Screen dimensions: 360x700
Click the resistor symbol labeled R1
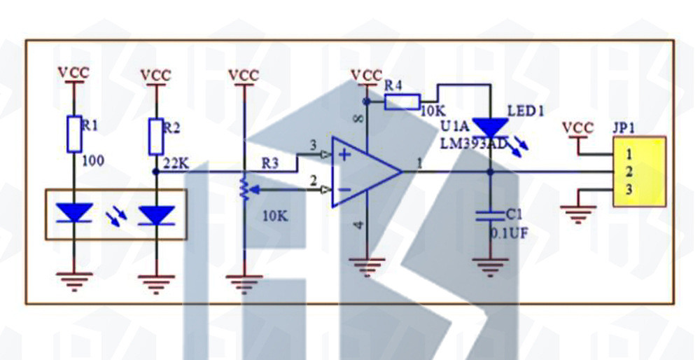[x=75, y=134]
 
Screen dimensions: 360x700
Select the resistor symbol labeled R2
[x=156, y=134]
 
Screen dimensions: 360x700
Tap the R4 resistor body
[x=402, y=102]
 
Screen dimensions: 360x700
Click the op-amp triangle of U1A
[x=364, y=172]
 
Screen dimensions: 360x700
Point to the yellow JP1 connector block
[x=639, y=172]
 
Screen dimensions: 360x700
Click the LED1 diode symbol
[x=489, y=127]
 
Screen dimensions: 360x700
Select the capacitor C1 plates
[x=489, y=214]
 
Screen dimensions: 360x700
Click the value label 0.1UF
[x=509, y=233]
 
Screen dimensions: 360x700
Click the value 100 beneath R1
[x=92, y=161]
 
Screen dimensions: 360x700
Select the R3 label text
[x=271, y=163]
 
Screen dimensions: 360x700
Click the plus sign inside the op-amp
[x=344, y=155]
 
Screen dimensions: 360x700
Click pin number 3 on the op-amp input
[x=312, y=145]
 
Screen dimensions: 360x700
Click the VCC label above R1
[x=74, y=72]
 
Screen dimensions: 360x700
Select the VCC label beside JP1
[x=578, y=128]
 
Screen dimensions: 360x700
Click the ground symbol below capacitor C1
[x=489, y=267]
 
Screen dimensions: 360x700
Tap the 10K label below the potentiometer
[x=275, y=216]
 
